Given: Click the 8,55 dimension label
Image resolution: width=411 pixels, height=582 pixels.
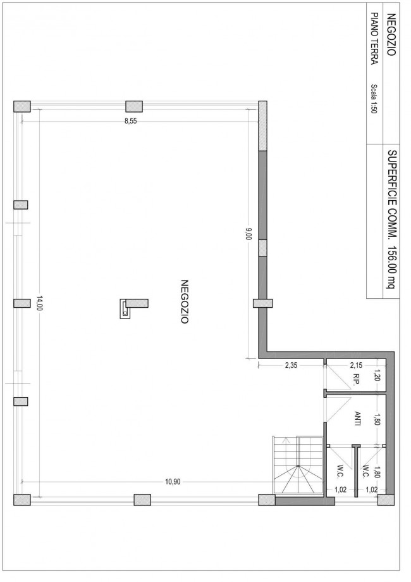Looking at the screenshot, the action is (130, 121).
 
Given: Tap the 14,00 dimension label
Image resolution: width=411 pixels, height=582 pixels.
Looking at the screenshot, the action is (39, 303).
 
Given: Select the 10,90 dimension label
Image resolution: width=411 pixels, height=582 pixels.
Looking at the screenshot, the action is (173, 482).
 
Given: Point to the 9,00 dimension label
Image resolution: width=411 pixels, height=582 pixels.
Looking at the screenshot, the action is (248, 234).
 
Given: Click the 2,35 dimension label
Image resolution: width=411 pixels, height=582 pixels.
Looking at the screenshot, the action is (291, 365).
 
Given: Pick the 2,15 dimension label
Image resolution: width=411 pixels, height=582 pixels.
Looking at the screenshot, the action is (356, 365).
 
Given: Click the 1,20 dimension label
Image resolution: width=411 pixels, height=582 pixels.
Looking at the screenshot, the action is (377, 376).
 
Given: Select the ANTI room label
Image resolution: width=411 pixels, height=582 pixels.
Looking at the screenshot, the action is (358, 419).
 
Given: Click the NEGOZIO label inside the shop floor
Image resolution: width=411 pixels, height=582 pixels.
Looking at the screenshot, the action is (185, 301).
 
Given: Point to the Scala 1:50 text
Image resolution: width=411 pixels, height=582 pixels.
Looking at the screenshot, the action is (374, 99).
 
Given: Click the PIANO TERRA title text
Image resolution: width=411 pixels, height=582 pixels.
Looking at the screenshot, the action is (375, 39).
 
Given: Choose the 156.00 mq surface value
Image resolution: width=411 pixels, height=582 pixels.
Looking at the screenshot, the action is (392, 267).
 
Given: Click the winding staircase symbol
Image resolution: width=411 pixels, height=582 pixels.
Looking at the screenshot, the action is (298, 465).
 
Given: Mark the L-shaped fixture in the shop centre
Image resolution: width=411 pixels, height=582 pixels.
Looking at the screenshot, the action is (133, 308).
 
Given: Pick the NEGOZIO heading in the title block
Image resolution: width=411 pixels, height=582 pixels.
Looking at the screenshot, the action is (391, 34).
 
